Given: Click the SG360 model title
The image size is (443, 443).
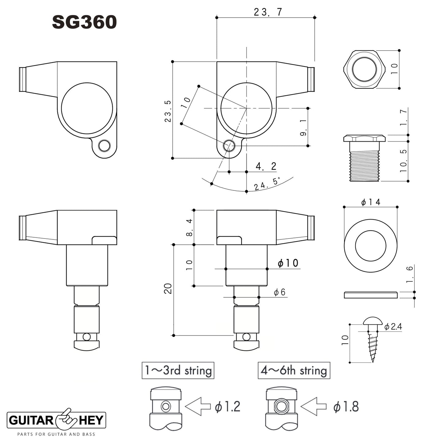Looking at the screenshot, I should coord(84,22).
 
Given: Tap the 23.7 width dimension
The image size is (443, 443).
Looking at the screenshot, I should coord(268,12).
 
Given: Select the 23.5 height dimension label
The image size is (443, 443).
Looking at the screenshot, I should coord(168,111).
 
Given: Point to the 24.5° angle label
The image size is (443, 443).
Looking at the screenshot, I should coord(267,184).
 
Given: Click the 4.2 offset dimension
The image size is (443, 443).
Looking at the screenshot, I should coord(266,166).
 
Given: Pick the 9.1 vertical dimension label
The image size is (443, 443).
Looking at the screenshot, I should coord(303,128).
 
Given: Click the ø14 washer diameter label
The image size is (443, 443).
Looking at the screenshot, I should coord(371,202).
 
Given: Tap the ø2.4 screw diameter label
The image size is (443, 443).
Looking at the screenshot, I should coord(393,327).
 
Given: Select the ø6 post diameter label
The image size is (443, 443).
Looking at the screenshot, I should coord(280,292).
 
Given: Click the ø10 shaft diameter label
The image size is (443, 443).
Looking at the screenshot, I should coord(288,263).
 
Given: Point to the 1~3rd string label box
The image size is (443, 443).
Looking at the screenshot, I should coord(178,370).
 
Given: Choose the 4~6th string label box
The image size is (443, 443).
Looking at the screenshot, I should coord(294,370).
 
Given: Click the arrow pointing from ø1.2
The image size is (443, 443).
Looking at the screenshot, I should coord(198,407).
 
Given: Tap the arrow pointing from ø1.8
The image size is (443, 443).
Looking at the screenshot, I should coord(313,407).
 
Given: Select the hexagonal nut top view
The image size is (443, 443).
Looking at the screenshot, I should coord(364,69).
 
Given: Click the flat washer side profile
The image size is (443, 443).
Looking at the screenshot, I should coord(371,295).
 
